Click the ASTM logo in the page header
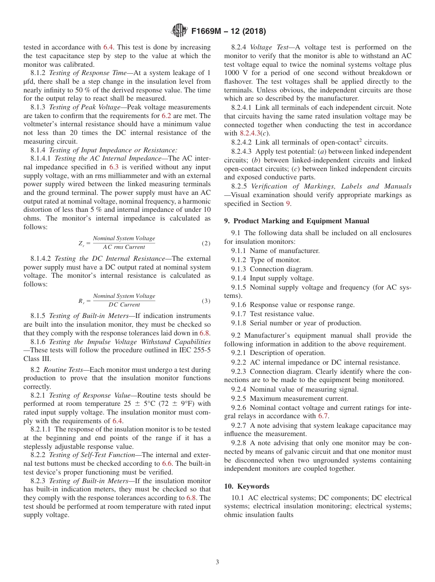(179, 31)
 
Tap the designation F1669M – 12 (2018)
(228, 31)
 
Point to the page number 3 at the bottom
(217, 562)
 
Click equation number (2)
(206, 243)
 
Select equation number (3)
(206, 301)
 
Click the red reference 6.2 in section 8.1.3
(167, 116)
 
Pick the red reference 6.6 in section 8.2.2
(167, 463)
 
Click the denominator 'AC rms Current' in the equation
(124, 247)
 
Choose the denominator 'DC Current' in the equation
(124, 305)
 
